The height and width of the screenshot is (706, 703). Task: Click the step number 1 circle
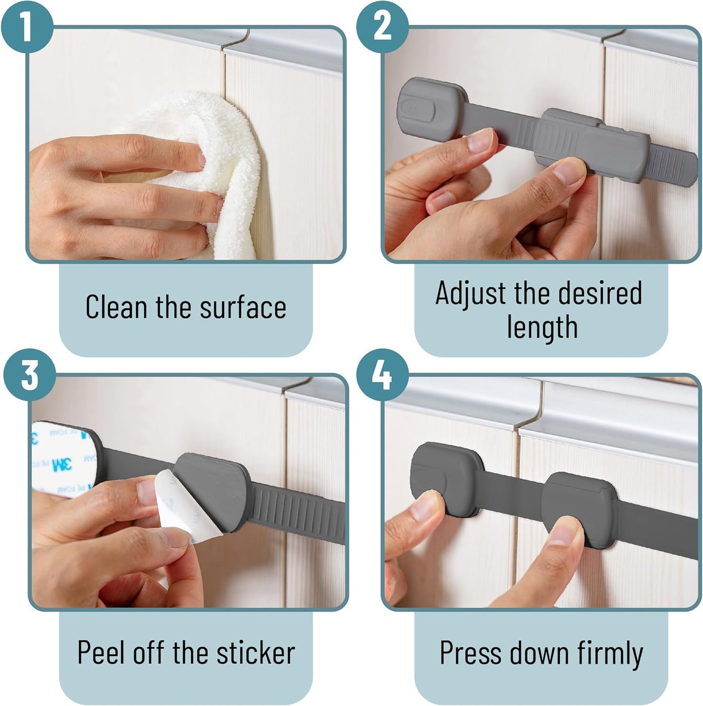tap(27, 26)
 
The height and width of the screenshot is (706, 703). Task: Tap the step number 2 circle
tap(382, 26)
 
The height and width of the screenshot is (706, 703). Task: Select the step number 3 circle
tap(29, 375)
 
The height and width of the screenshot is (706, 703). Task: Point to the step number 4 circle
tap(382, 375)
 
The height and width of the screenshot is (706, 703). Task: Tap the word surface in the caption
tap(243, 306)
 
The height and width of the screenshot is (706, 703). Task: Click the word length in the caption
tap(542, 328)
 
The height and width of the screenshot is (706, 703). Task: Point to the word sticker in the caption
tap(255, 653)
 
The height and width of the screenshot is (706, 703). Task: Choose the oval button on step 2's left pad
tap(417, 107)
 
